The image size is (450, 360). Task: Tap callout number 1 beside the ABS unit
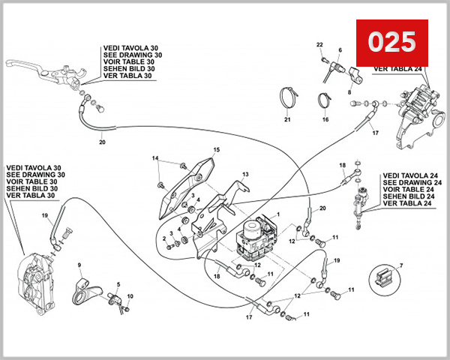[278, 214]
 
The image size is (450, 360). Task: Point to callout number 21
[286, 119]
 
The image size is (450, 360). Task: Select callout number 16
[325, 119]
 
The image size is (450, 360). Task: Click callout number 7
[402, 265]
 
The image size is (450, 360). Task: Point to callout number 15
[217, 150]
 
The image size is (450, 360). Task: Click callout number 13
[244, 174]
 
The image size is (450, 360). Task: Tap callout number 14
[155, 158]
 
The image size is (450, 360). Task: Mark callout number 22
[319, 45]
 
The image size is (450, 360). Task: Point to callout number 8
[349, 91]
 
